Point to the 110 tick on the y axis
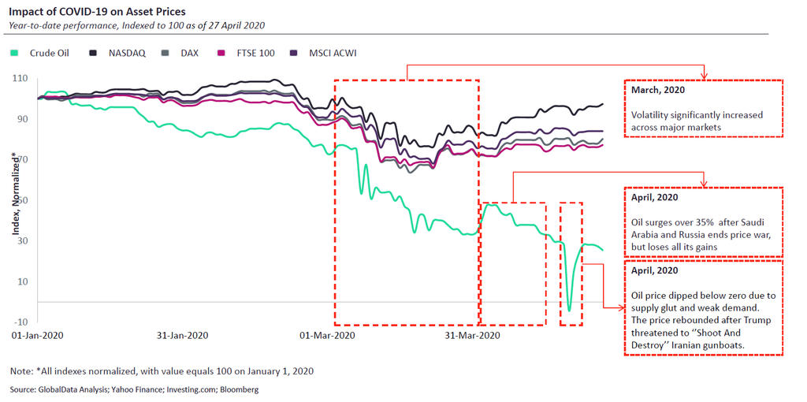point(20,78)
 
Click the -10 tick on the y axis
point(20,322)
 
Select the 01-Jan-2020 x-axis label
point(38,336)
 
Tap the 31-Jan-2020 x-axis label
point(183,336)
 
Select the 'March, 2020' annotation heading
point(658,90)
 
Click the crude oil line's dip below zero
point(570,309)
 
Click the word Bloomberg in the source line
point(239,389)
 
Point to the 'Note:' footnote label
point(21,370)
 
